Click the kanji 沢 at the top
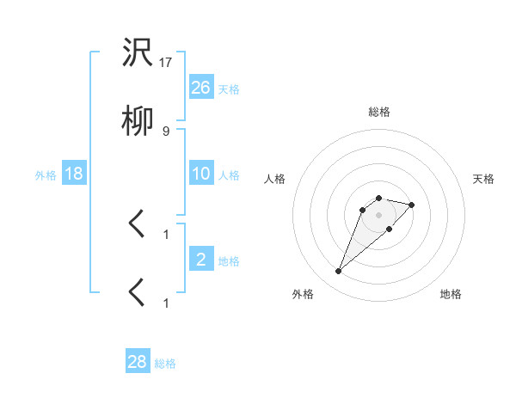click(x=138, y=53)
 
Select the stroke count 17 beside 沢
click(x=166, y=63)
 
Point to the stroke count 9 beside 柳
click(x=166, y=132)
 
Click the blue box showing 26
click(x=201, y=88)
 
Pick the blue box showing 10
click(x=201, y=174)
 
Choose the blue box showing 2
click(x=201, y=260)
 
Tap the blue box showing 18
click(x=74, y=174)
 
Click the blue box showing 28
click(x=138, y=362)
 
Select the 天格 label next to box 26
click(x=229, y=89)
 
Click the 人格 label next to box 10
click(x=229, y=175)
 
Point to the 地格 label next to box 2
click(x=229, y=261)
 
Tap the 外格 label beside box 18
click(x=46, y=175)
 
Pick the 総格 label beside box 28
click(x=165, y=364)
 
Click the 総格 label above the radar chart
click(x=379, y=112)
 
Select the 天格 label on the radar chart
click(x=484, y=179)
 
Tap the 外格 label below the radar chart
click(x=303, y=294)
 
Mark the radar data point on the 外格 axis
click(x=339, y=272)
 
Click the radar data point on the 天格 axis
click(x=412, y=205)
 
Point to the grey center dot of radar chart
click(x=379, y=214)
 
